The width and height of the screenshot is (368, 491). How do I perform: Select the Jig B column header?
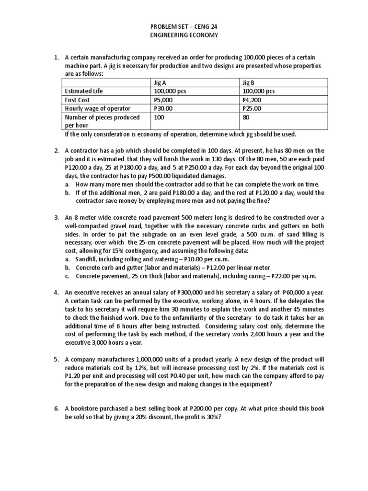pos(249,82)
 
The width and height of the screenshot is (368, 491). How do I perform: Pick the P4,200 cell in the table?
pos(253,100)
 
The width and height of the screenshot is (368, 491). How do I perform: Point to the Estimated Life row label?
pos(84,91)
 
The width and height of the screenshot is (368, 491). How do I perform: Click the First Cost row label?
pos(78,100)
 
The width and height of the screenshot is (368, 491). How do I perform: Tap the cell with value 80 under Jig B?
pos(247,117)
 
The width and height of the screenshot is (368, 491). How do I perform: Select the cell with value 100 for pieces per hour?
pos(159,117)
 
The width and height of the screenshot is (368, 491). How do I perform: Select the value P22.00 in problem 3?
pos(282,277)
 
